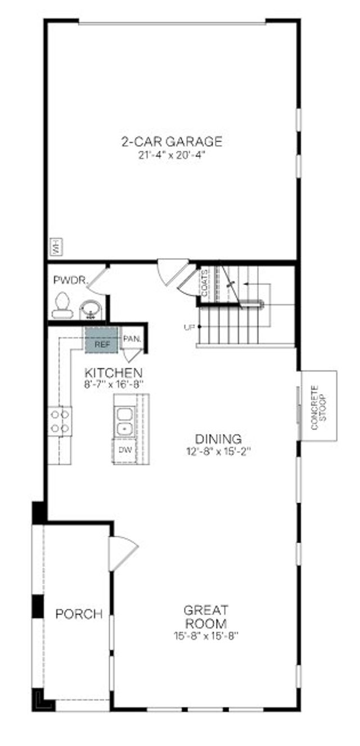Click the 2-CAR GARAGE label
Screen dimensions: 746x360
coord(172,142)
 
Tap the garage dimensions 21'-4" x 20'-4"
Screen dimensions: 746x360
coord(172,155)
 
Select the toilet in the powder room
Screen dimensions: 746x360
coord(61,304)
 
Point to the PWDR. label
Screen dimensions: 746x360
coord(69,280)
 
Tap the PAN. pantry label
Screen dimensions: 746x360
coord(132,339)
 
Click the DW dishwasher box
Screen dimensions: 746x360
coord(124,450)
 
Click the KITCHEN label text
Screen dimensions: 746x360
coord(113,372)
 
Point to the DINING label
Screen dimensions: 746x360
coord(218,439)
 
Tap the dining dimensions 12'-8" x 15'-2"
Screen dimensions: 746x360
coord(218,451)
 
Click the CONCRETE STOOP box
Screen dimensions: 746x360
coord(318,406)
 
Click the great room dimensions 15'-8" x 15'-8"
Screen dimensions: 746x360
coord(206,636)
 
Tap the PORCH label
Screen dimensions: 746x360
coord(79,614)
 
